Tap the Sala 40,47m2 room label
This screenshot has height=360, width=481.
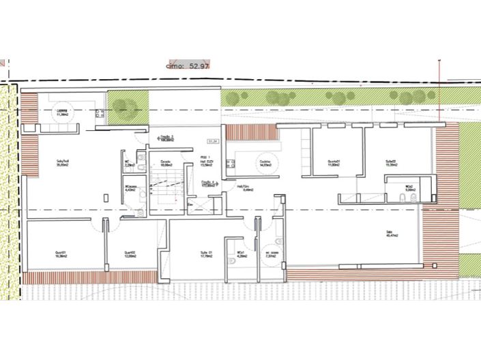click(391, 235)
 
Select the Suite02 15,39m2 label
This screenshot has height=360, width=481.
click(391, 163)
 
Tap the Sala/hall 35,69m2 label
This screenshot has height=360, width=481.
click(63, 163)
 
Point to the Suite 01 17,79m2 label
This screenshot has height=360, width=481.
click(206, 255)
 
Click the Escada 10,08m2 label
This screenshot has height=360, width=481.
click(166, 163)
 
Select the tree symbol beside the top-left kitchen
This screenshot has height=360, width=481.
click(123, 106)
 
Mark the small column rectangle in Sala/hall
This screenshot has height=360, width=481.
click(106, 197)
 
